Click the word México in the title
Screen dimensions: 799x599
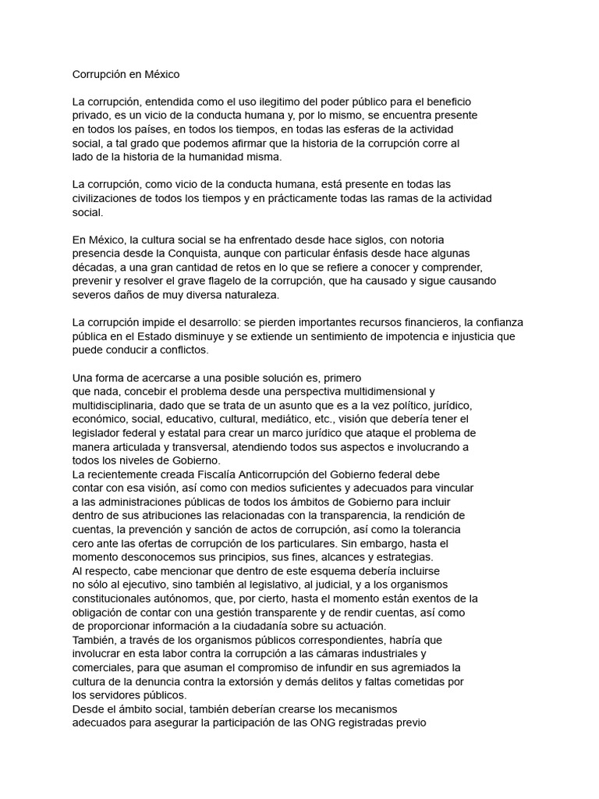tap(159, 75)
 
